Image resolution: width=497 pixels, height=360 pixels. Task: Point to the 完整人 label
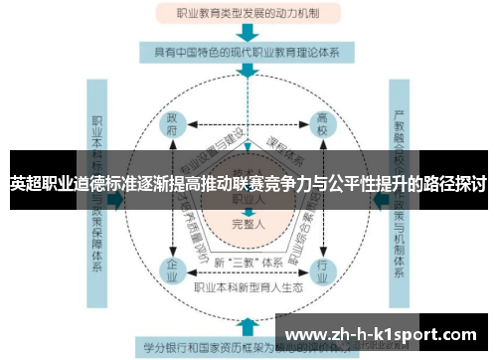pos(248,224)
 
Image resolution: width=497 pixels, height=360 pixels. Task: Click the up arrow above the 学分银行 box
pos(248,324)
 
